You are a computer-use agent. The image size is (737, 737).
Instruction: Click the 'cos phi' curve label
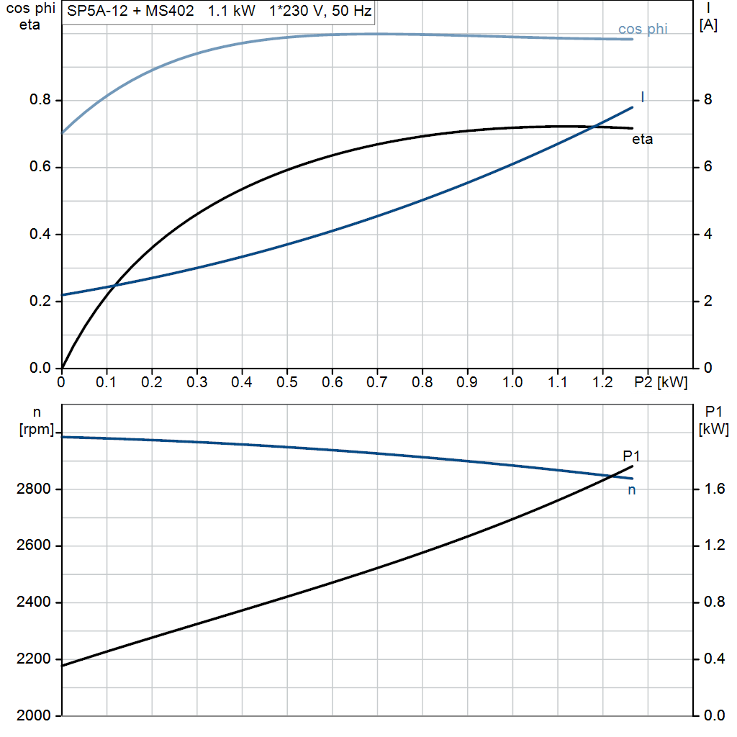point(643,30)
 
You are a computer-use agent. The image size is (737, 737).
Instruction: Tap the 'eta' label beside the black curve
point(642,140)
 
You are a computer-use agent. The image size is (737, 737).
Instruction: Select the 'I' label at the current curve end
point(642,97)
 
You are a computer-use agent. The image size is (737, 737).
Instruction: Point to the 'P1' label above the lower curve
point(631,456)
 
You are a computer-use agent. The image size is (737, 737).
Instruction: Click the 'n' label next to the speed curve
point(632,490)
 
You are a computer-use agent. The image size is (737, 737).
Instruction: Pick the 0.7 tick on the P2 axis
point(377,382)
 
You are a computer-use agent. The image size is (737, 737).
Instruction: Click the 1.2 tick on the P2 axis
point(603,382)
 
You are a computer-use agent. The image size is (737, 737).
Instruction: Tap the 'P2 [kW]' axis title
point(661,382)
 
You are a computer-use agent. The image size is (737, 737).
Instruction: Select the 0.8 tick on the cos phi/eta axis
point(40,100)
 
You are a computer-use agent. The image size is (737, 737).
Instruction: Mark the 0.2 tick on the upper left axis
point(40,302)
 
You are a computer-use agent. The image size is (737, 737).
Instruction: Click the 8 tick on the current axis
point(707,100)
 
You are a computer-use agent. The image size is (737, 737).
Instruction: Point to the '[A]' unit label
point(708,25)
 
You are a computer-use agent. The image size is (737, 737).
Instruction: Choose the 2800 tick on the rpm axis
point(33,489)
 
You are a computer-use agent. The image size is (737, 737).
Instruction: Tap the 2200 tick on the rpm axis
point(33,659)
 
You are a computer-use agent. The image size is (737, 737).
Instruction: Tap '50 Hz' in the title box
point(352,12)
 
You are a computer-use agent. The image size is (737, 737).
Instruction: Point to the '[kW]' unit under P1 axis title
point(714,430)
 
